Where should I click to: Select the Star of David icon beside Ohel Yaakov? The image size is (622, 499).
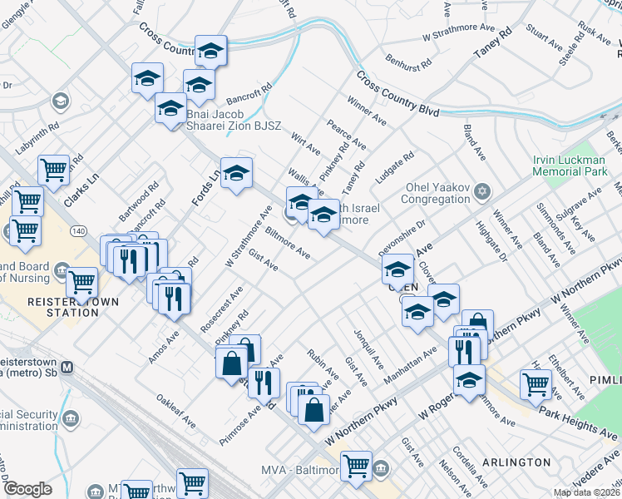tap(481, 193)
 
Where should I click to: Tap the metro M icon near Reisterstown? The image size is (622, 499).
tap(68, 367)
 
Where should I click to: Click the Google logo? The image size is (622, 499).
tap(27, 489)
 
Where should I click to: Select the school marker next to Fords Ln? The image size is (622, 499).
tap(236, 173)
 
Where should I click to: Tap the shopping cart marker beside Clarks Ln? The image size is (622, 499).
tap(53, 170)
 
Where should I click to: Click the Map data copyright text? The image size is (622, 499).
tap(586, 492)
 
